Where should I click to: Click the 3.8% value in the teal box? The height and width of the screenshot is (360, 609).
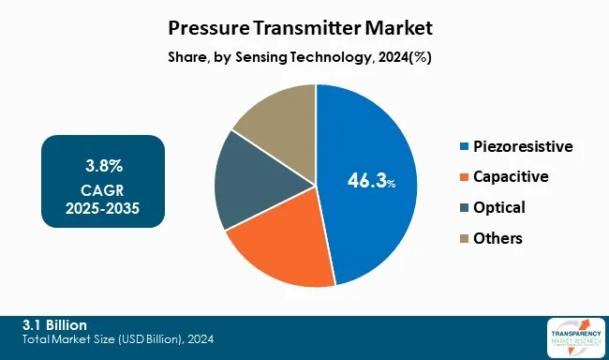pos(103,166)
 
